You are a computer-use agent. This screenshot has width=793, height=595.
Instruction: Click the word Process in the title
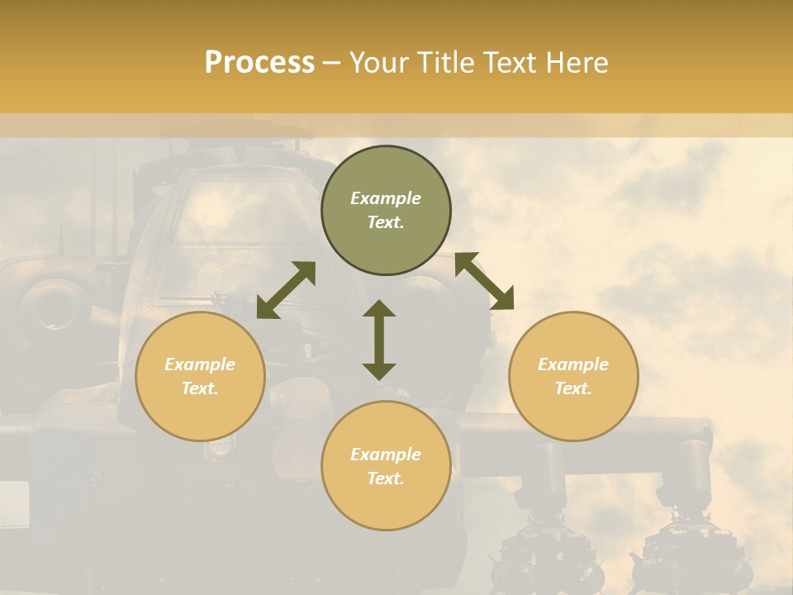pyautogui.click(x=259, y=63)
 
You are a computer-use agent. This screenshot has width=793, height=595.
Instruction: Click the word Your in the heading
pyautogui.click(x=381, y=63)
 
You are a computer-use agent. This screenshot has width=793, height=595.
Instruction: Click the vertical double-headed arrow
pyautogui.click(x=379, y=340)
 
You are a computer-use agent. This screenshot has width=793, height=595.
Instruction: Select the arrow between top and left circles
pyautogui.click(x=286, y=288)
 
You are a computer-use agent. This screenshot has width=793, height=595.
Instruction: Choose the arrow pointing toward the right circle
pyautogui.click(x=484, y=281)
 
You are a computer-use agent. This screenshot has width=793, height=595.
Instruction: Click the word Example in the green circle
pyautogui.click(x=386, y=198)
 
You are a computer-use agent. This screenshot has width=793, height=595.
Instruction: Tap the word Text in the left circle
pyautogui.click(x=200, y=388)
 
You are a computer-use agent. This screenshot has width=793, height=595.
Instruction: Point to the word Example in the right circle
pyautogui.click(x=573, y=364)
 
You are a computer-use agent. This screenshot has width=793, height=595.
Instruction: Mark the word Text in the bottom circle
pyautogui.click(x=386, y=478)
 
